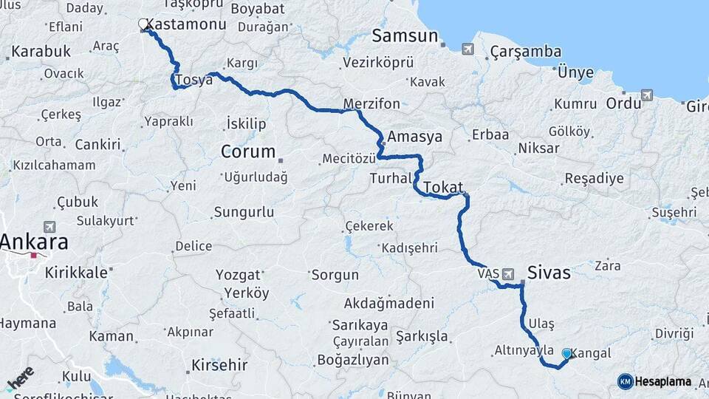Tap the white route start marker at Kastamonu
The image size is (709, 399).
(x=143, y=24)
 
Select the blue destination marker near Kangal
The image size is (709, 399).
(x=566, y=354)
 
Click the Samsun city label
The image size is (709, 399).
(x=405, y=35)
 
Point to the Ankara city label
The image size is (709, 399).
(x=34, y=242)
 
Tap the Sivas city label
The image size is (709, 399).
(x=549, y=273)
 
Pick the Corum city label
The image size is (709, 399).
(x=247, y=152)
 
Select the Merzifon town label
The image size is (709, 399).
(x=371, y=103)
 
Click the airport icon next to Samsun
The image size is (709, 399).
(x=467, y=49)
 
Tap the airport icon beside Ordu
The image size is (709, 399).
(x=647, y=95)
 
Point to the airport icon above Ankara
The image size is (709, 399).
(x=49, y=227)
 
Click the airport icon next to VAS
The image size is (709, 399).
(x=508, y=274)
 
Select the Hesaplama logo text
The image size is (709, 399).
(x=663, y=381)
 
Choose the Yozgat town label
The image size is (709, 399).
(x=238, y=275)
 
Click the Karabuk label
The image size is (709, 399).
(x=41, y=52)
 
